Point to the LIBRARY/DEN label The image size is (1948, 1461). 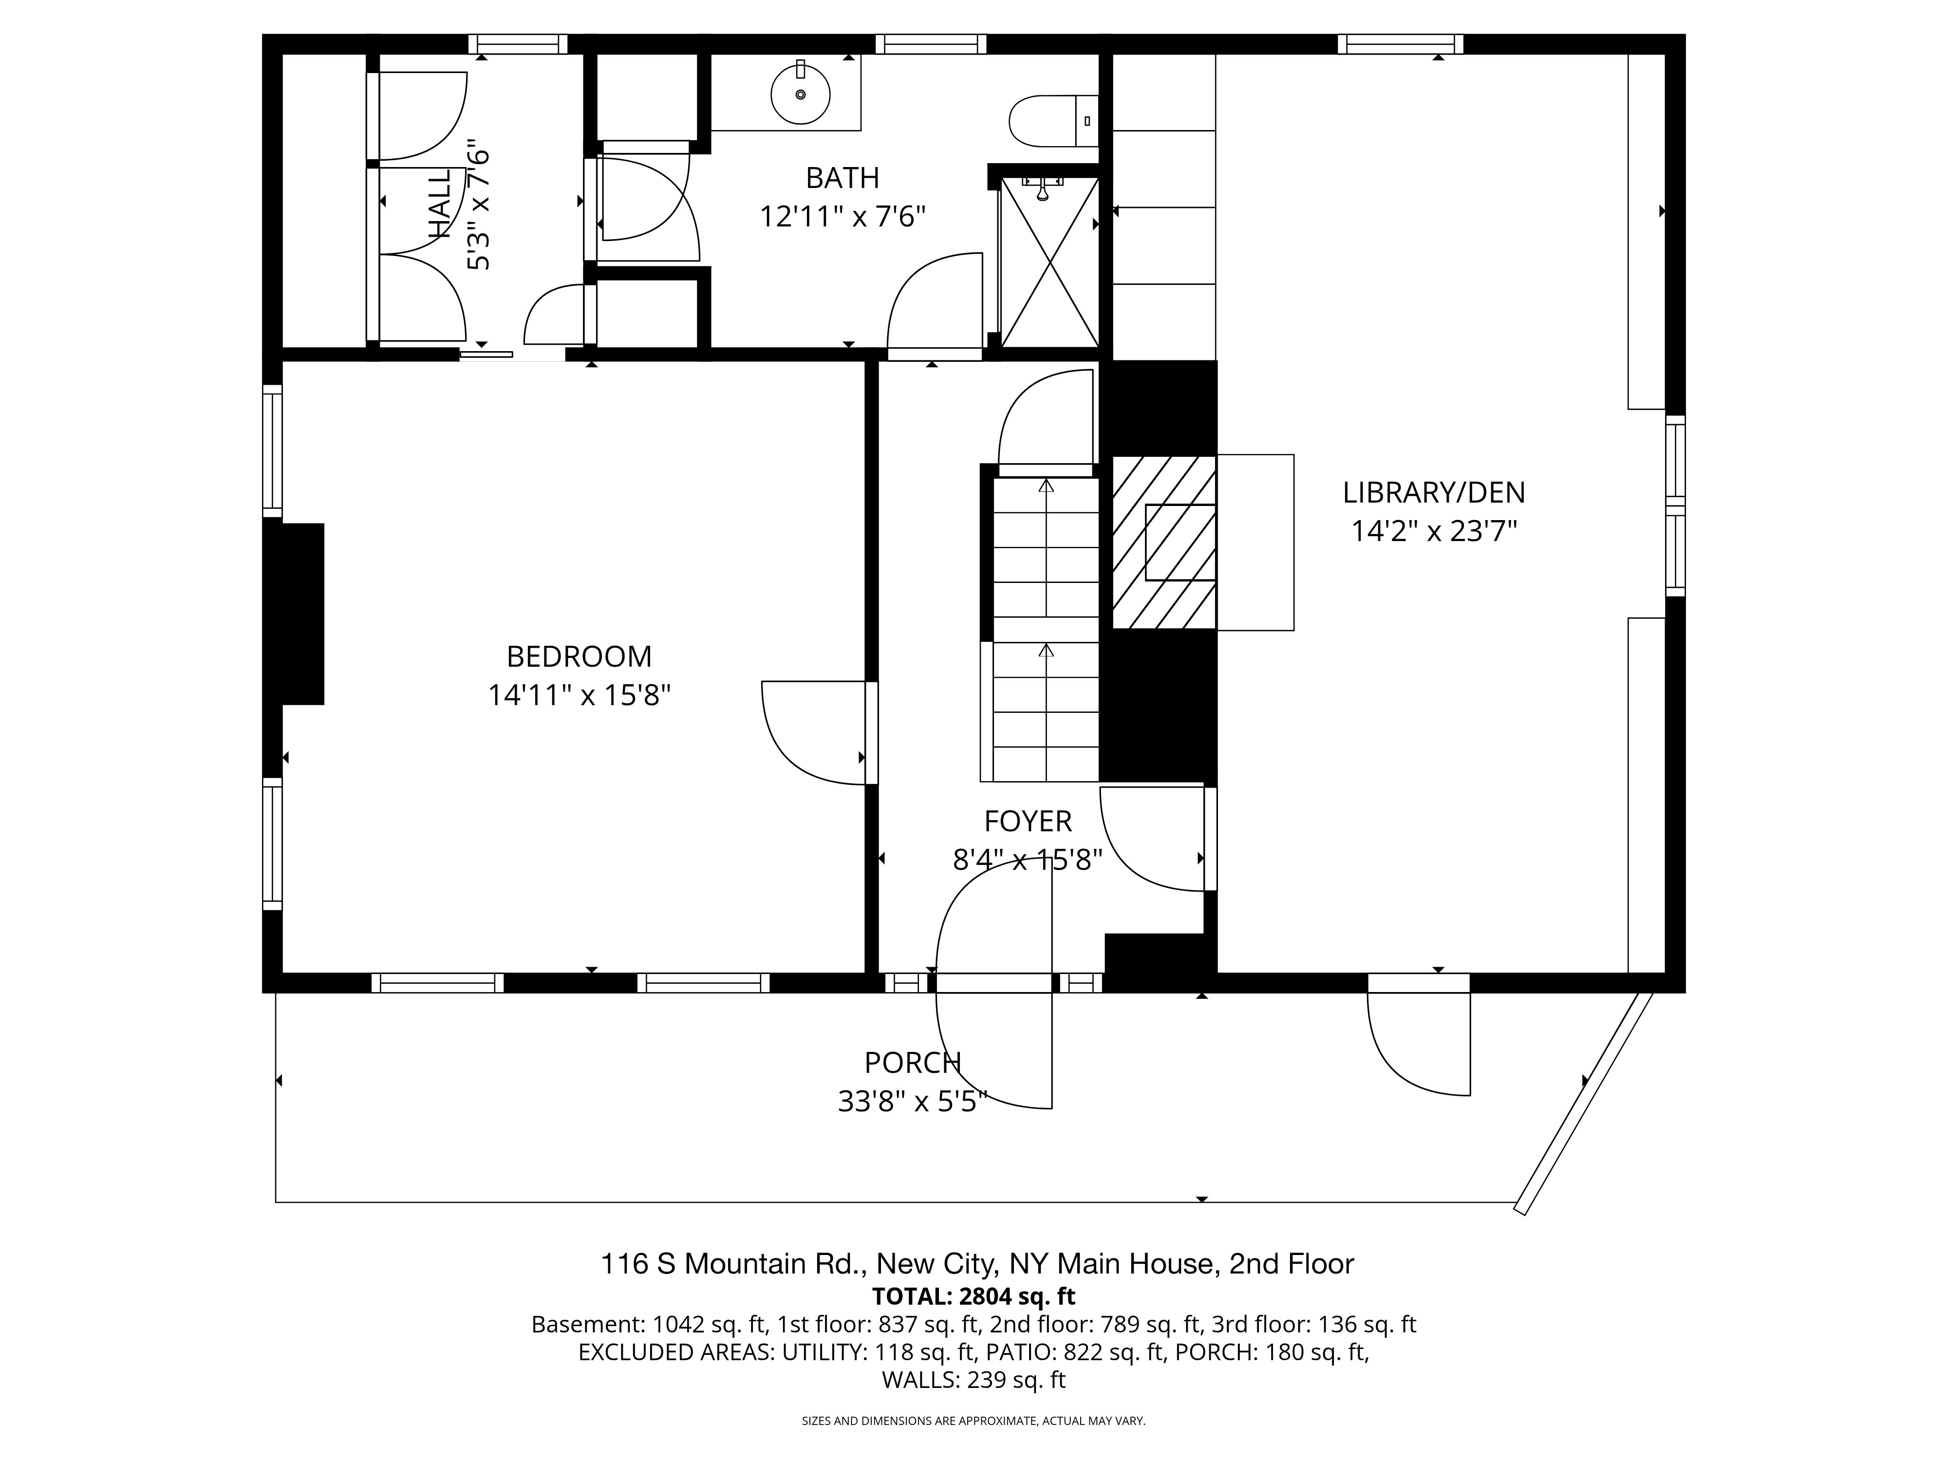[1434, 492]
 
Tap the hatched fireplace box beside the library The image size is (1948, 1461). [1164, 543]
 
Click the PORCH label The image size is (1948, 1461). [912, 1063]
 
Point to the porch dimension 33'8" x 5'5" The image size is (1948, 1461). [912, 1102]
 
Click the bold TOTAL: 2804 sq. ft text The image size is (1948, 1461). [973, 1296]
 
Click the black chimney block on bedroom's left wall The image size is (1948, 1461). [294, 614]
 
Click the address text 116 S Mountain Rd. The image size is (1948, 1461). [733, 1265]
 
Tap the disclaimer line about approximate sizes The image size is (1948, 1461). [973, 1421]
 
